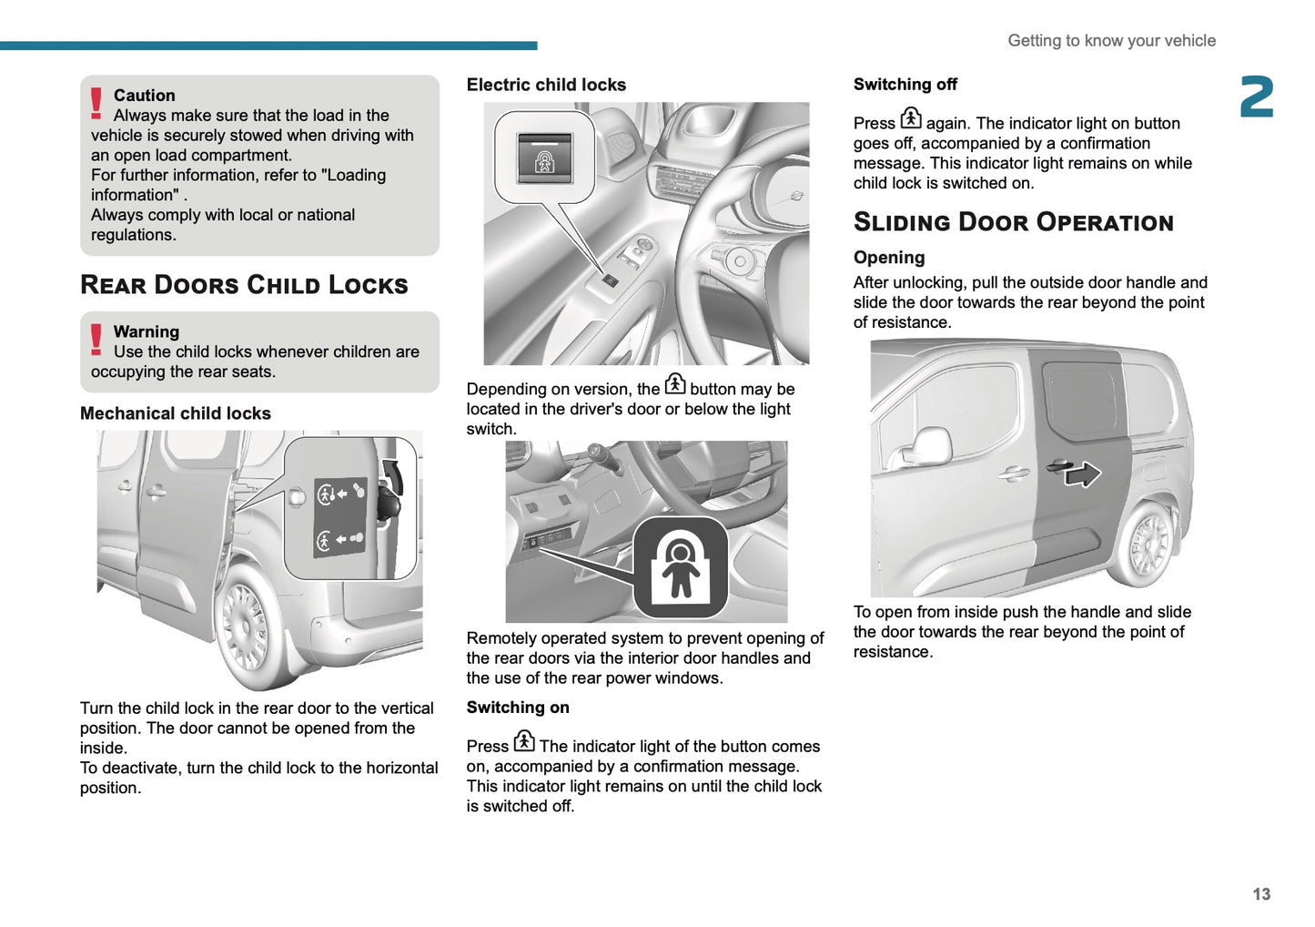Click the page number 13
(1260, 894)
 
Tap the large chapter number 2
(1256, 97)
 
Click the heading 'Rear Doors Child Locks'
(244, 285)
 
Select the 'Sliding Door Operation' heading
(1013, 222)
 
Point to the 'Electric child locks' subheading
(546, 85)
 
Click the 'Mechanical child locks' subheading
(176, 413)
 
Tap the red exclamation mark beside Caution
(96, 103)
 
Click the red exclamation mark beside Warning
(96, 340)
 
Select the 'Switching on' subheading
(518, 708)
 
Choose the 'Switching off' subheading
(905, 85)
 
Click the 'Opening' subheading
(889, 258)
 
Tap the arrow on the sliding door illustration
(1083, 474)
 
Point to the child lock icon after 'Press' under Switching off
(911, 118)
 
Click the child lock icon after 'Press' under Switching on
(524, 741)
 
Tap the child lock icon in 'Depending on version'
(674, 384)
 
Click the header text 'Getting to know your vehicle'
(1111, 41)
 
